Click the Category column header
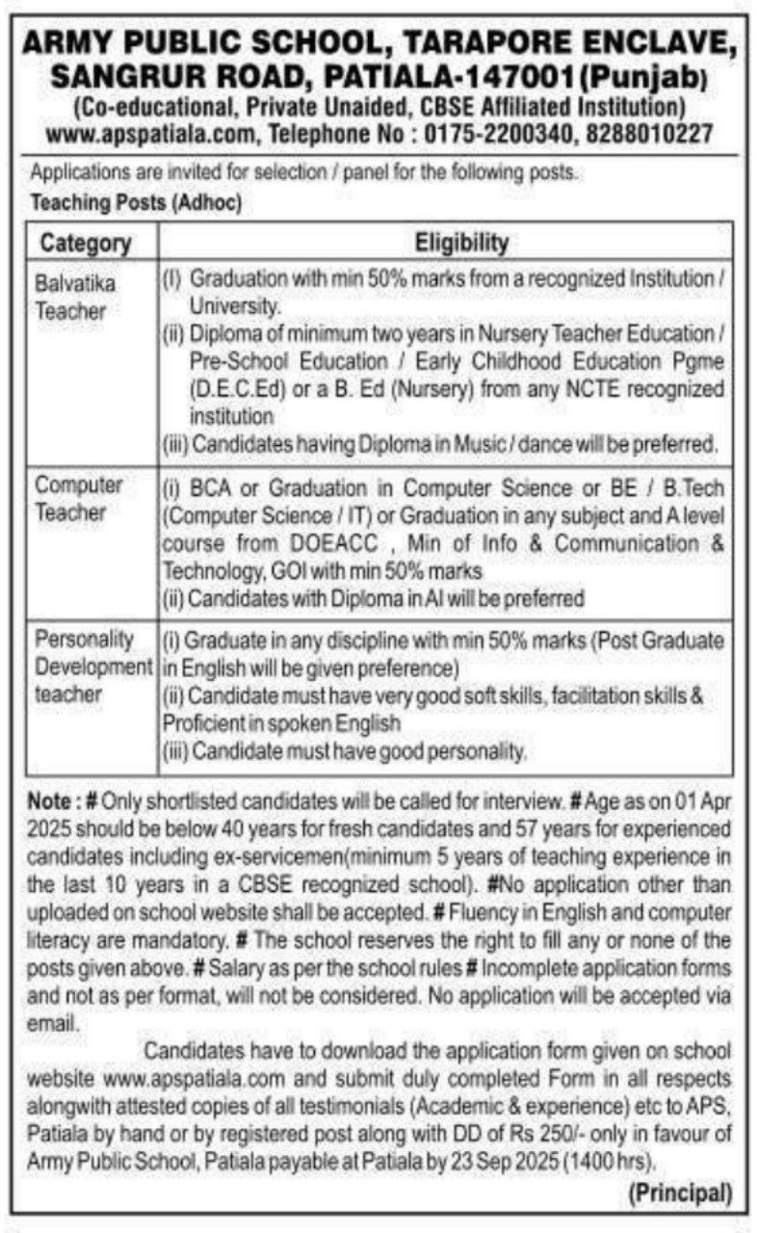86,243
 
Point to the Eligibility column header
461,241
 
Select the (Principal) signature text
680,1194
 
